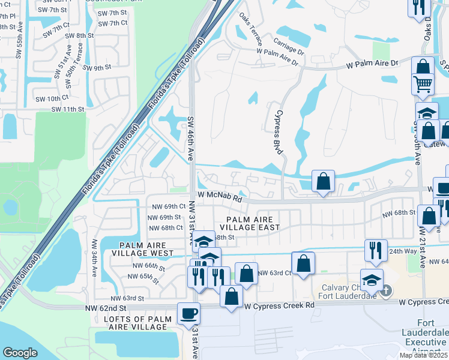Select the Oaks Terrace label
pos(250,30)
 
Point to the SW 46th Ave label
pos(191,138)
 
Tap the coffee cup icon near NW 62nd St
pos(188,313)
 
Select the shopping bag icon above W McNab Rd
pos(323,181)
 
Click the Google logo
pos(20,352)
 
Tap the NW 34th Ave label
pos(94,259)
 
